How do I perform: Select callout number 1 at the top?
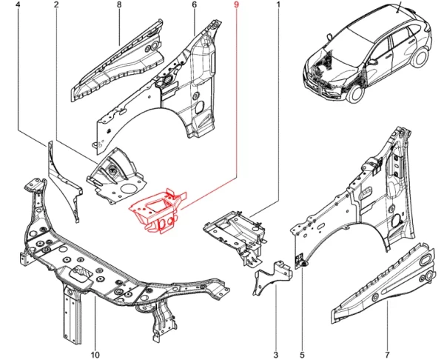279,6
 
